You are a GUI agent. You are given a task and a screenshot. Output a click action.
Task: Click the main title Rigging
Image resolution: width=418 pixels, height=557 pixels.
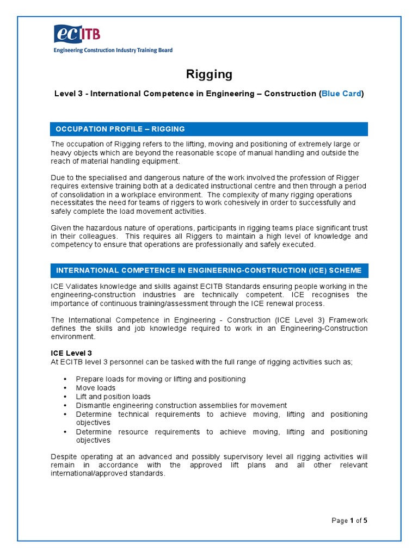pyautogui.click(x=209, y=74)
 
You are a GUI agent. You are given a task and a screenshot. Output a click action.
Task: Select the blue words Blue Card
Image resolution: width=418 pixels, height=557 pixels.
pyautogui.click(x=341, y=94)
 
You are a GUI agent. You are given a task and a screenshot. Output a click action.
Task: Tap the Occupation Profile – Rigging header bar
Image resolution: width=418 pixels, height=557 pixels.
pyautogui.click(x=209, y=129)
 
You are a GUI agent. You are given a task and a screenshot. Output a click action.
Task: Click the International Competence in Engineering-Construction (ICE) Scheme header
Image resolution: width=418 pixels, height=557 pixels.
pyautogui.click(x=209, y=270)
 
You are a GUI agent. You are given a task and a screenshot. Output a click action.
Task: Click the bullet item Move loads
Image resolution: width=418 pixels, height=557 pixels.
pyautogui.click(x=96, y=388)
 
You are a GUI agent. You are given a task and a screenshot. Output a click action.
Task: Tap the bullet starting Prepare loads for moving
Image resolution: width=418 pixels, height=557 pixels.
pyautogui.click(x=161, y=379)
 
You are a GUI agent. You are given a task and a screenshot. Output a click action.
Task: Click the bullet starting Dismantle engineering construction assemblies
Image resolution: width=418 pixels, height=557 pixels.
pyautogui.click(x=181, y=405)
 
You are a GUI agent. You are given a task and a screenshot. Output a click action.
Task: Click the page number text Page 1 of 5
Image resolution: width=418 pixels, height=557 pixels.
pyautogui.click(x=349, y=521)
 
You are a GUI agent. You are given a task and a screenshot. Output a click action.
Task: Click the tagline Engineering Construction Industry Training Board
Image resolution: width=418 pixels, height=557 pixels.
pyautogui.click(x=113, y=50)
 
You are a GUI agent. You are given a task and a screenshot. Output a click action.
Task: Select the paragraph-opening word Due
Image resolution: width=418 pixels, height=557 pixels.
pyautogui.click(x=58, y=178)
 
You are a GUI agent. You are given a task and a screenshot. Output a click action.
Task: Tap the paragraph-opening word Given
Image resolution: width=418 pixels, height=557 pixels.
pyautogui.click(x=61, y=227)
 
